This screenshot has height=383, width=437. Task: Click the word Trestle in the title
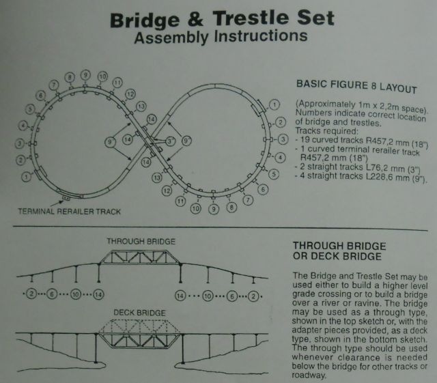click(x=251, y=18)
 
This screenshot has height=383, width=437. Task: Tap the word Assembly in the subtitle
click(x=171, y=38)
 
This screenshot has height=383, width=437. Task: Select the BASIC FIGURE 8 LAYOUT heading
click(x=356, y=86)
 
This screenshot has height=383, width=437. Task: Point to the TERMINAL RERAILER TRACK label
click(x=70, y=211)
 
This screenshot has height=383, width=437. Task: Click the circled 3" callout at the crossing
click(x=170, y=141)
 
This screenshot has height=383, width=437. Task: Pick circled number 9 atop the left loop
click(x=86, y=75)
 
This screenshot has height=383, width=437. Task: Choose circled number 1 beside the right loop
click(x=274, y=105)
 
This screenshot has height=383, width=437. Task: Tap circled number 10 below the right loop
click(x=196, y=208)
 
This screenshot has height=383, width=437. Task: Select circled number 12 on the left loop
click(x=130, y=94)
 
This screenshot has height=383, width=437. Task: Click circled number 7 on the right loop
click(x=248, y=200)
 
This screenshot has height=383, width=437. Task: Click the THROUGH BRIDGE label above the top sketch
click(x=141, y=242)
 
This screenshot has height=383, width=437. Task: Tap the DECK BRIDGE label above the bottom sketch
click(x=139, y=313)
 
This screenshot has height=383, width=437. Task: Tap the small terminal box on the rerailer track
click(x=66, y=198)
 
